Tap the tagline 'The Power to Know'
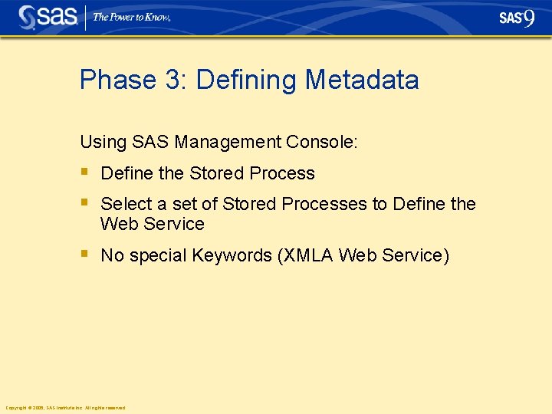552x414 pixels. pos(131,18)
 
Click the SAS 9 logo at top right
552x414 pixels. pos(517,18)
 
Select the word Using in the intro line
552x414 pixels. pos(103,142)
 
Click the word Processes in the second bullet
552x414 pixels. pos(324,205)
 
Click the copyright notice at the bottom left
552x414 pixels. pos(65,408)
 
